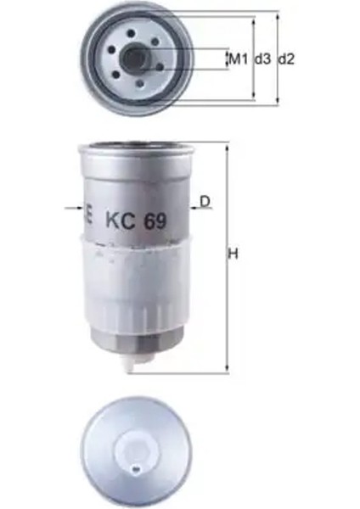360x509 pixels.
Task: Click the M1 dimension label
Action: point(237,59)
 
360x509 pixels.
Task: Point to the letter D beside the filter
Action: point(204,201)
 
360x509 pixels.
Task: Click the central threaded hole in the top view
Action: point(135,58)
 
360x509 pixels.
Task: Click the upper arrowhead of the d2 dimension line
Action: point(278,14)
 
